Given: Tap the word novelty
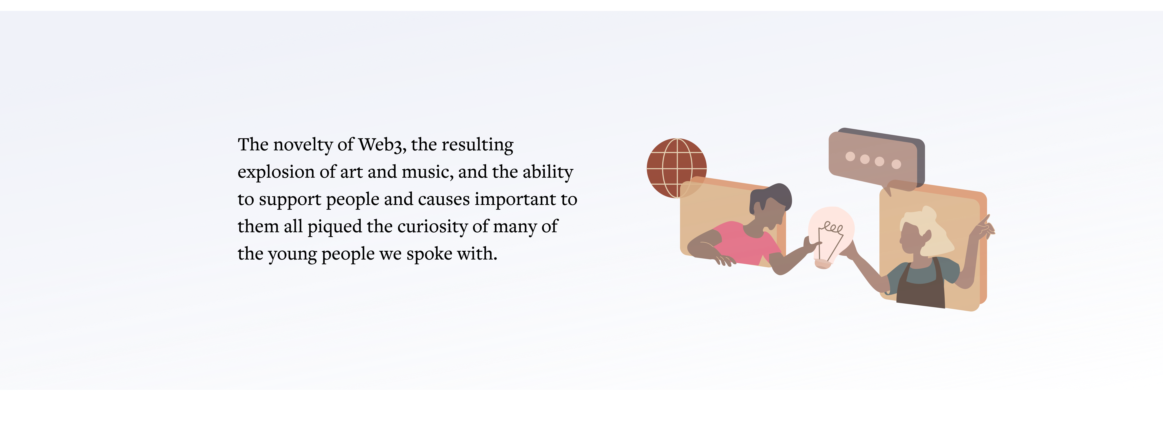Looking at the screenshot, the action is (303, 145).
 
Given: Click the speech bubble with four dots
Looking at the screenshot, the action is (876, 160).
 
